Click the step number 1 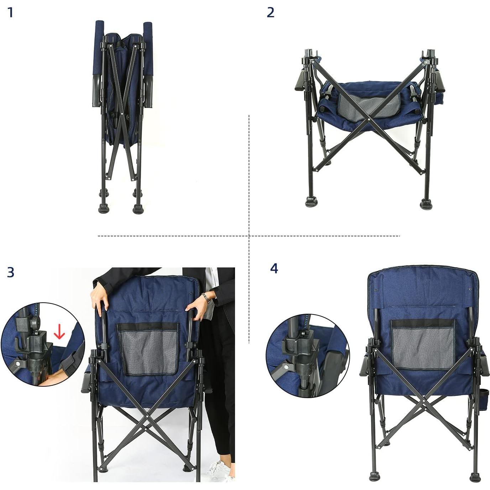point(10,13)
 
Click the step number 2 point(271,13)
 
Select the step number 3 point(11,272)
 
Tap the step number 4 point(274,269)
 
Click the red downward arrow point(59,332)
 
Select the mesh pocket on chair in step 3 point(148,349)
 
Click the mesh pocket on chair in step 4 point(423,344)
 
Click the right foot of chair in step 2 point(426,204)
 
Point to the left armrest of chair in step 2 point(301,80)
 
